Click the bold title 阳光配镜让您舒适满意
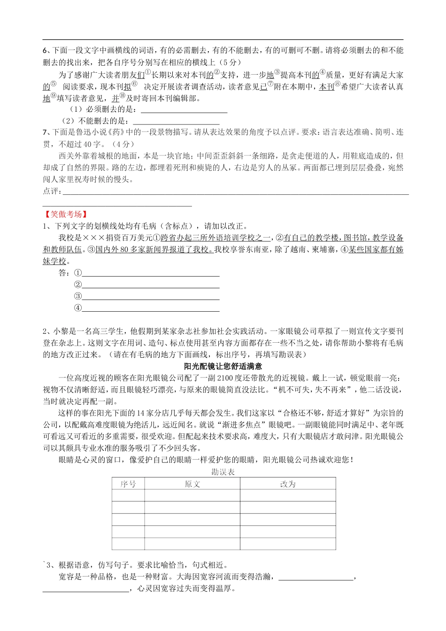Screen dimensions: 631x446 pos(223,366)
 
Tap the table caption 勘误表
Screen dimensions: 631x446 pos(223,472)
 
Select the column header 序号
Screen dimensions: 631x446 pos(128,484)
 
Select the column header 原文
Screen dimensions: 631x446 pos(192,484)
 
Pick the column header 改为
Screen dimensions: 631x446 pos(287,484)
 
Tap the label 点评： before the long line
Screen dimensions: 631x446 pos(52,191)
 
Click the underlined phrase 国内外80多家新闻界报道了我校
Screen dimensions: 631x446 pos(151,250)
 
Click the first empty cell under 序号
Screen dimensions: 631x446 pos(128,496)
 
